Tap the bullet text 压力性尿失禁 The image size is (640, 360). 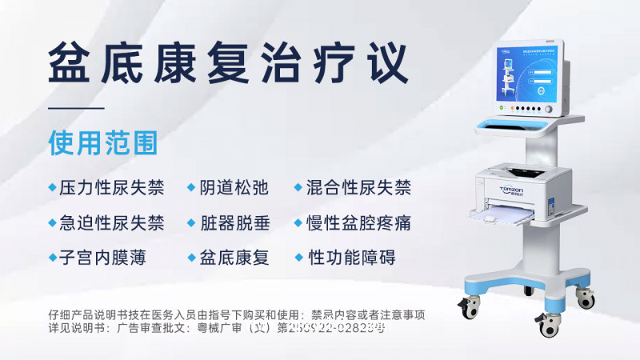(111, 188)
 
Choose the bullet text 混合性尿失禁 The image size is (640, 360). (358, 188)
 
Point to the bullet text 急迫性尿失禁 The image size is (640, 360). (111, 222)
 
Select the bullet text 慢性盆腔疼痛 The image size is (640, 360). (358, 222)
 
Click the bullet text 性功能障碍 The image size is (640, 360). (351, 258)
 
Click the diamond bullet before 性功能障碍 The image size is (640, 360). (299, 258)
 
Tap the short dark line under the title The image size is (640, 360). (76, 108)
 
